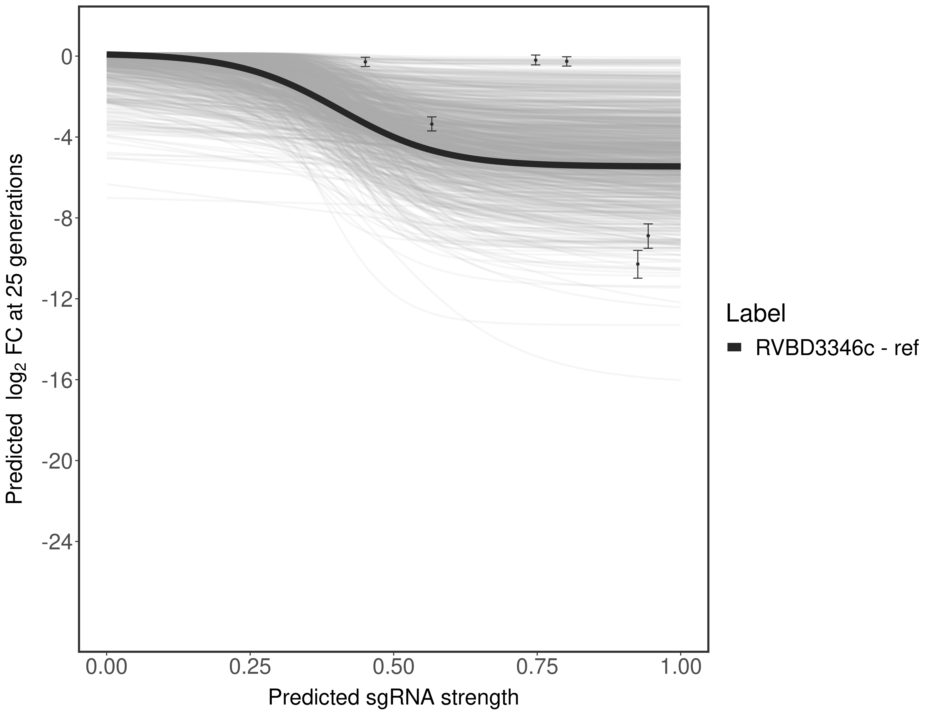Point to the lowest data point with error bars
click(637, 264)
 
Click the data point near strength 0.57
click(432, 124)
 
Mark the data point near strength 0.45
click(365, 62)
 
